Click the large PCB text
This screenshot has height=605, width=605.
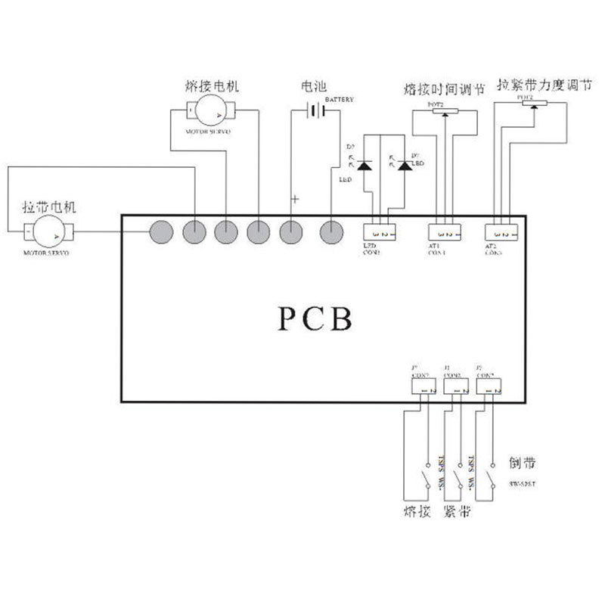point(313,318)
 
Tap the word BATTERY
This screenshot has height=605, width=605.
point(340,100)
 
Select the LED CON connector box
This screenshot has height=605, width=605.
point(380,233)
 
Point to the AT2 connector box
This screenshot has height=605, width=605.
point(502,233)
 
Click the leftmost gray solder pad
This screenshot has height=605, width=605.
point(161,232)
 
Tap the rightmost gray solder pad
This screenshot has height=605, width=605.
point(331,232)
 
